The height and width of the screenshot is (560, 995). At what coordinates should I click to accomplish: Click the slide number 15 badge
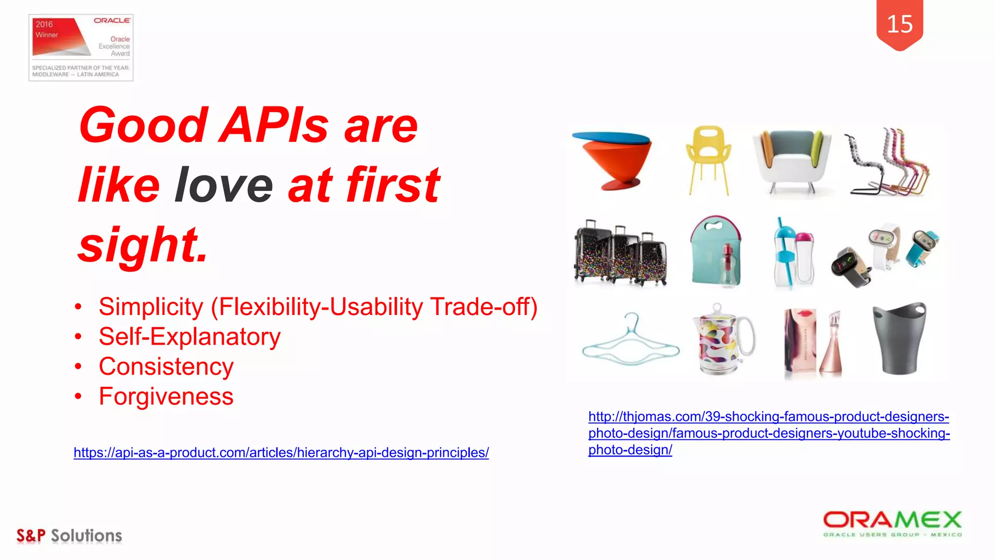pyautogui.click(x=899, y=24)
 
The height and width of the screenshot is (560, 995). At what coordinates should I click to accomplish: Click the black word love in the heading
pyautogui.click(x=224, y=185)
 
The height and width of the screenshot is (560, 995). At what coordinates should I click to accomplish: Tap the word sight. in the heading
pyautogui.click(x=143, y=245)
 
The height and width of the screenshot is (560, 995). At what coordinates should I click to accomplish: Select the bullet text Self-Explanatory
pyautogui.click(x=189, y=336)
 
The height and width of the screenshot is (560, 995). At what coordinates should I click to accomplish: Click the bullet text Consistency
pyautogui.click(x=166, y=367)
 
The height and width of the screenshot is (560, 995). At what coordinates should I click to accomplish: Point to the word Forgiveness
pyautogui.click(x=166, y=396)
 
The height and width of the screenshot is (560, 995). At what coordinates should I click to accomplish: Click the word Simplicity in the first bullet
pyautogui.click(x=151, y=307)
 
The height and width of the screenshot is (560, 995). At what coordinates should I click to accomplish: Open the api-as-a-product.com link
pyautogui.click(x=281, y=453)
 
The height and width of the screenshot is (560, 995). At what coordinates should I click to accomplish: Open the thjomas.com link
pyautogui.click(x=769, y=433)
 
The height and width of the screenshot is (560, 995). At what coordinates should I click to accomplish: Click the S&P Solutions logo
pyautogui.click(x=69, y=535)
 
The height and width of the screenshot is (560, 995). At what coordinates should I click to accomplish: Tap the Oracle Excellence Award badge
pyautogui.click(x=81, y=47)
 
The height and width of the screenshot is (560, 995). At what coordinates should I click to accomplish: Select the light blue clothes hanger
pyautogui.click(x=630, y=342)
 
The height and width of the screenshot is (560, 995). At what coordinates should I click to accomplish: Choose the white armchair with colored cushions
pyautogui.click(x=791, y=160)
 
